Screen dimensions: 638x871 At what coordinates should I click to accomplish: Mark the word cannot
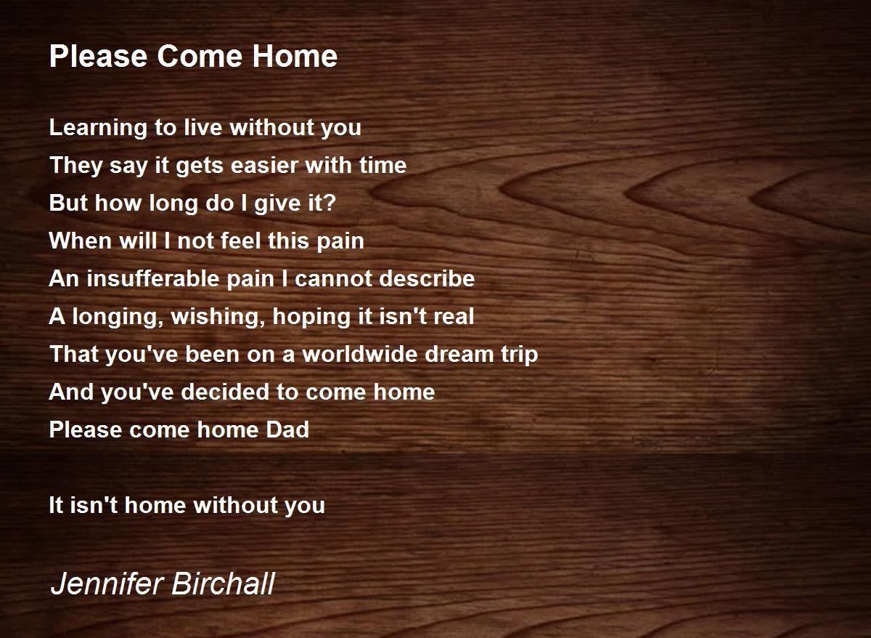click(x=335, y=279)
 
